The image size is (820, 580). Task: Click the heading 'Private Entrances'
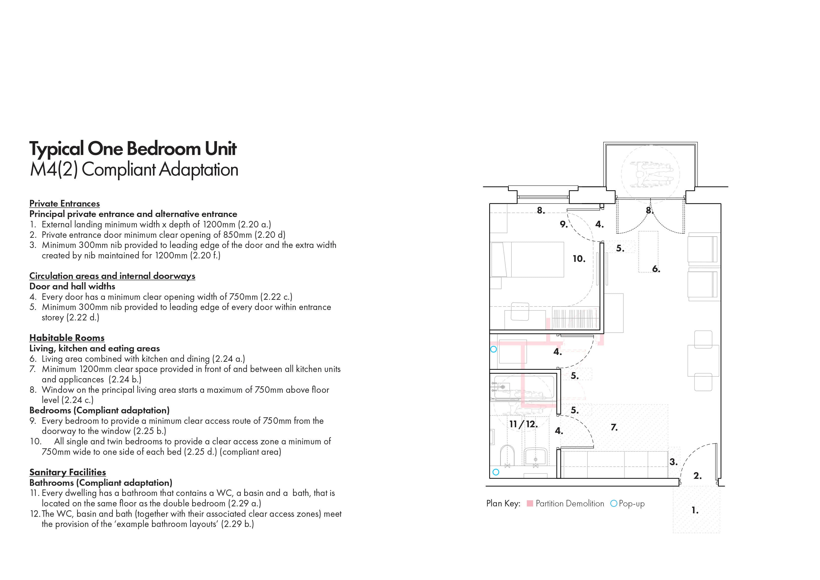64,204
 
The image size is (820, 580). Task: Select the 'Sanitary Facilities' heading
67,472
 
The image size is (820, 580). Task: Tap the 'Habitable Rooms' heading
67,338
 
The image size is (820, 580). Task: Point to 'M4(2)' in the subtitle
54,170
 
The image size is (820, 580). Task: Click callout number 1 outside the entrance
695,510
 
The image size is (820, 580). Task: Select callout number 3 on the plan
673,462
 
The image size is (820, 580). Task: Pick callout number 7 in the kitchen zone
614,427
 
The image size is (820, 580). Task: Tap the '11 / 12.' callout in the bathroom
523,424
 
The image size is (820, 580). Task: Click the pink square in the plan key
530,504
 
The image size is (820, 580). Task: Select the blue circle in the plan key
613,504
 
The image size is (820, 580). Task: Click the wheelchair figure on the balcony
650,174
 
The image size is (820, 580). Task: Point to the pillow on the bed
499,260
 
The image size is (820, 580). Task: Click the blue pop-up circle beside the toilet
496,472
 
